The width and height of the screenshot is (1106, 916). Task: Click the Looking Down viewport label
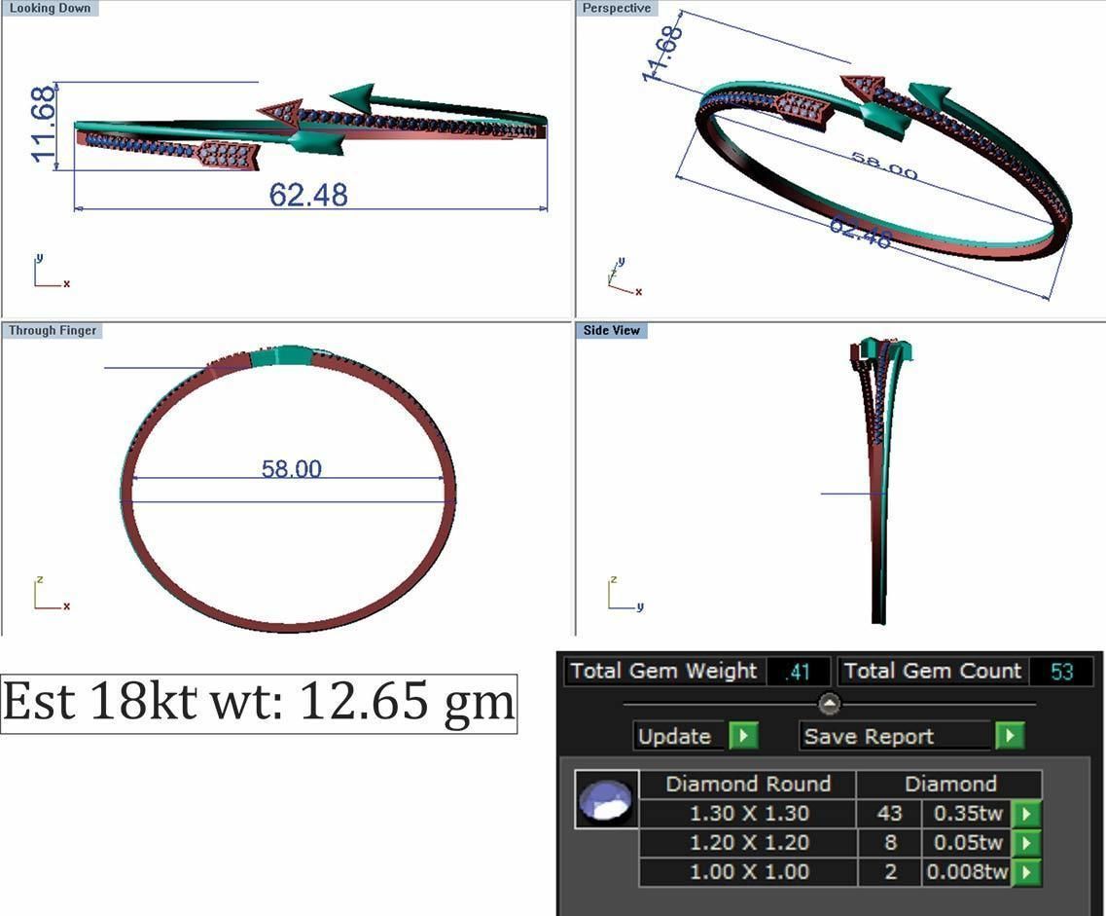(50, 8)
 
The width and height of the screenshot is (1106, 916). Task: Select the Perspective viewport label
(617, 8)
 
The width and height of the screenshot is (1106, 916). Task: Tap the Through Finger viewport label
(53, 330)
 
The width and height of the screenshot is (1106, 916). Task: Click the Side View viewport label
(612, 330)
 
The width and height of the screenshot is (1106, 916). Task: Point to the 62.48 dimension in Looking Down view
(308, 195)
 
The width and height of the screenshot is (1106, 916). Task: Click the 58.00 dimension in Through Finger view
(291, 469)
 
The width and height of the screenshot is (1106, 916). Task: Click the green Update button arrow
(743, 736)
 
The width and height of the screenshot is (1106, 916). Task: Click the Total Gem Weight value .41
(798, 672)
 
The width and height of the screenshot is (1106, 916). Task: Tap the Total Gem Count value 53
(1061, 672)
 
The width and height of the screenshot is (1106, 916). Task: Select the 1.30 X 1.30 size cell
(748, 814)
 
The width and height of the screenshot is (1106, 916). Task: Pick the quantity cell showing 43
(889, 814)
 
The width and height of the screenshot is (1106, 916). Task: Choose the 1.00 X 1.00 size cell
(748, 872)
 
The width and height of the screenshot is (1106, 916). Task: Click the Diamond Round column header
(748, 785)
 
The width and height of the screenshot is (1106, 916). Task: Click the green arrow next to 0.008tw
(1026, 872)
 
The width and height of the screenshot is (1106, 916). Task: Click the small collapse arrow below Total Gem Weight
(829, 703)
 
